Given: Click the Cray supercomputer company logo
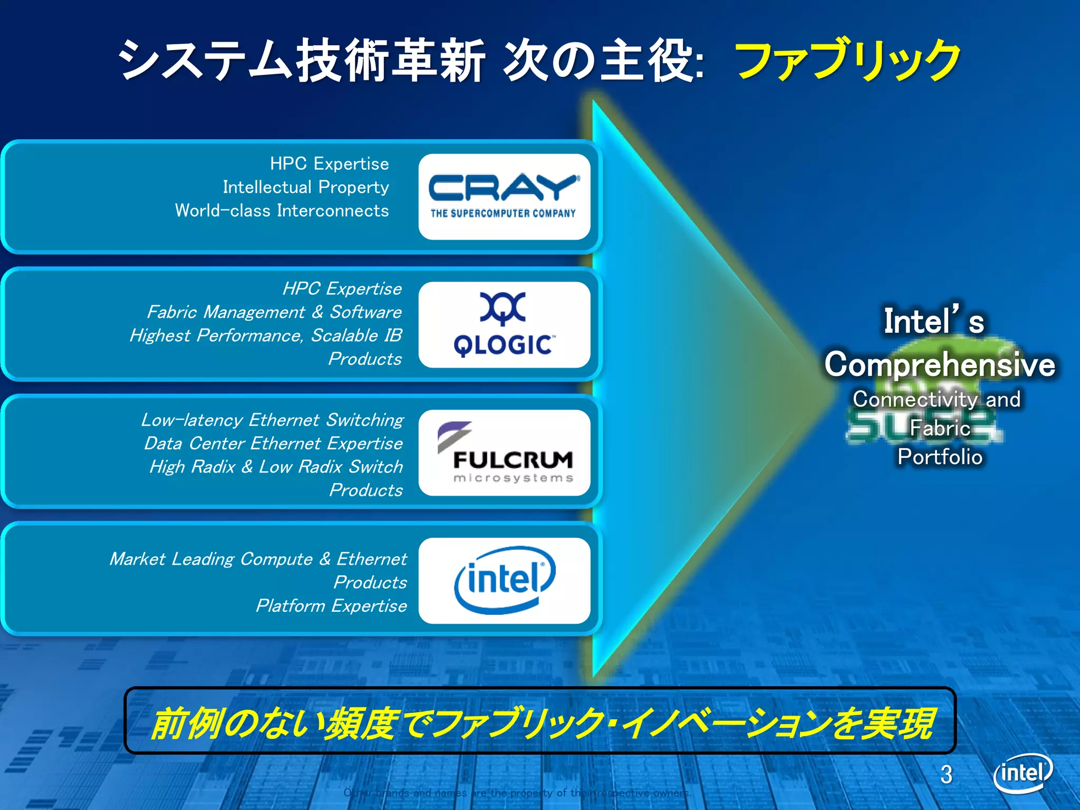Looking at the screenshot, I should coord(504,196).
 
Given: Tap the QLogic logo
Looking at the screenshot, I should coord(504,324).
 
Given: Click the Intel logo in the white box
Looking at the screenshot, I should coord(504,580).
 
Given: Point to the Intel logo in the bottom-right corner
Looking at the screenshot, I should coord(1023,774).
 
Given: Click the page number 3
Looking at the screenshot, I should coord(947,775).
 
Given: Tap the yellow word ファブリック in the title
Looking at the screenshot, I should coord(847,61).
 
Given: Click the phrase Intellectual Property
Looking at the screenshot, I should coord(305,187).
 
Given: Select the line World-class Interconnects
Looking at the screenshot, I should coord(282,211).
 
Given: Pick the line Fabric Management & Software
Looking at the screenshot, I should coord(274,312).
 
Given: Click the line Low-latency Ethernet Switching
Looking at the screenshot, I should coord(272,420).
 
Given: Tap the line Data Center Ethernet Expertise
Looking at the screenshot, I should coord(273,443).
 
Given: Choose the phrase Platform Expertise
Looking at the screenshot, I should coord(331,606).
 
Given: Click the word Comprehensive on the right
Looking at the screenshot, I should coord(940,364).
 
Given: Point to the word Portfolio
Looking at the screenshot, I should coord(940,457).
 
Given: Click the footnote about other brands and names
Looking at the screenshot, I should coord(517,793).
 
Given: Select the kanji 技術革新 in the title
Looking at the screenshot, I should coord(390,61).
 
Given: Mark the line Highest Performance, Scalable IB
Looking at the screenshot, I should coord(266,335).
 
